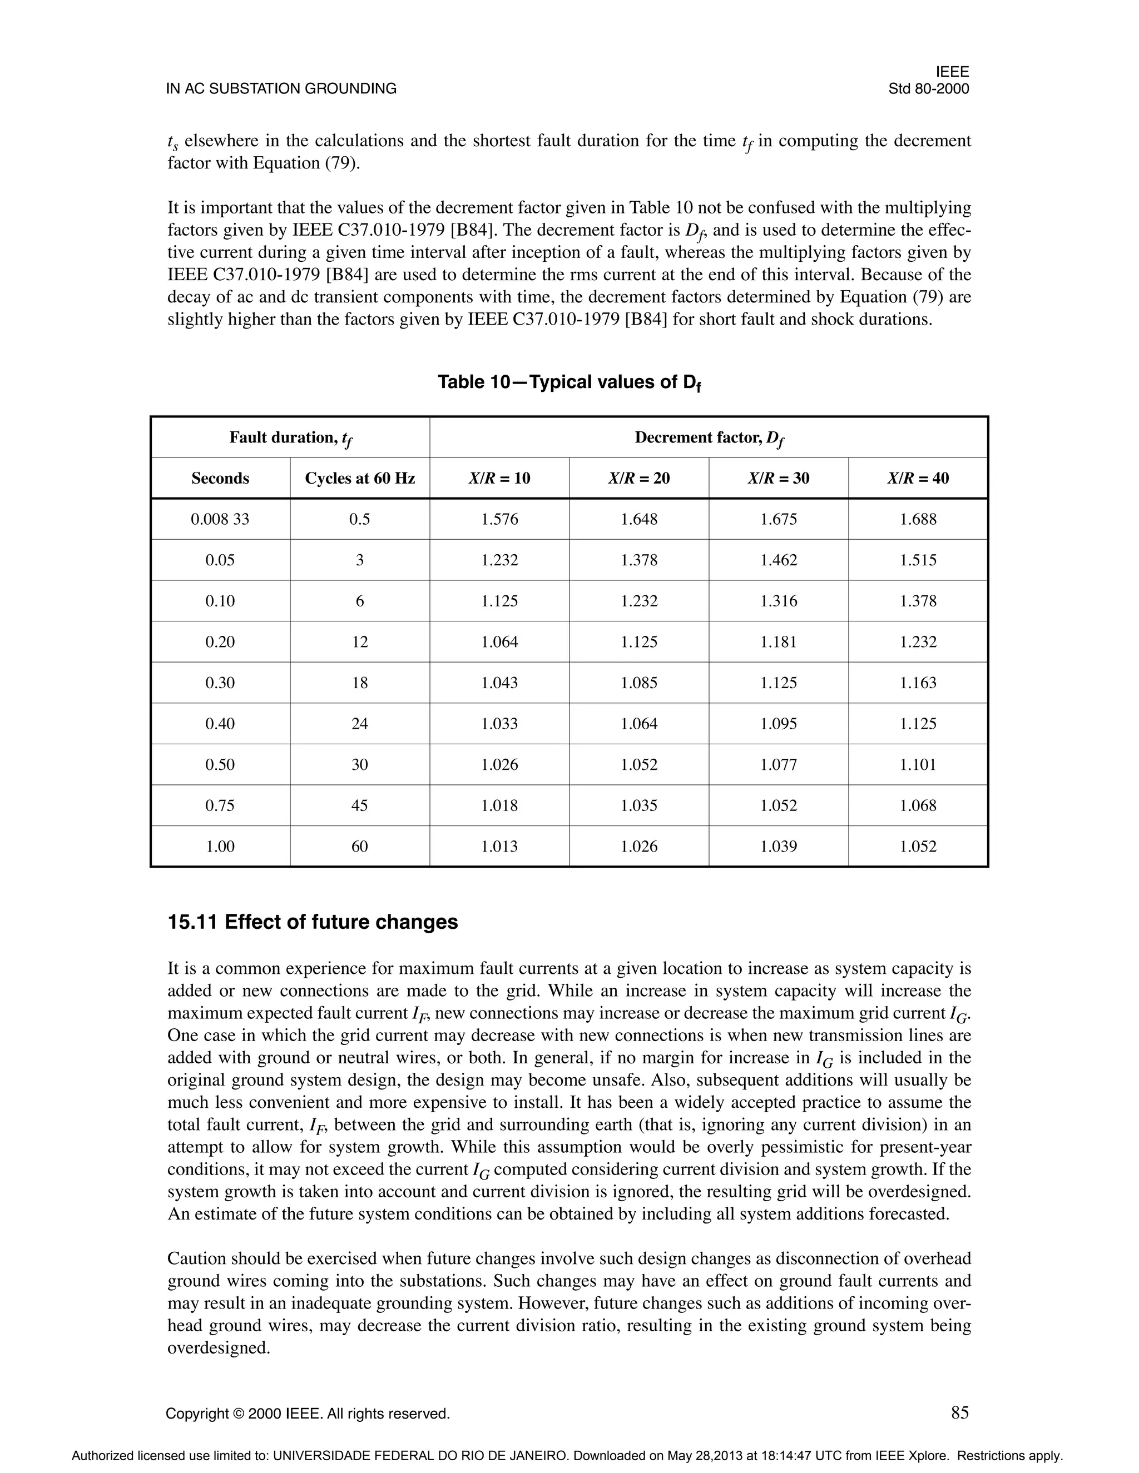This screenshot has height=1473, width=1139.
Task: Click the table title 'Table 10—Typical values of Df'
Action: pyautogui.click(x=569, y=382)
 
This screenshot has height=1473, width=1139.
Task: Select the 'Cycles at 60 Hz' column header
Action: pyautogui.click(x=360, y=478)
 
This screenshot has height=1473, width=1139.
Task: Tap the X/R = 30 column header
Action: pyautogui.click(x=778, y=478)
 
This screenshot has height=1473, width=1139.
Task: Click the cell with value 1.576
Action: pyautogui.click(x=499, y=519)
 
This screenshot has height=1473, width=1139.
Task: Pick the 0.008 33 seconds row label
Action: pyautogui.click(x=220, y=519)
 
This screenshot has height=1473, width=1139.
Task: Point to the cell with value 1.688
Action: pyautogui.click(x=918, y=519)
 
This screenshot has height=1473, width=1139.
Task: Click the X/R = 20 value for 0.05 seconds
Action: pyautogui.click(x=639, y=560)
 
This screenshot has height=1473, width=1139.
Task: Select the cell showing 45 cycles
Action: pyautogui.click(x=360, y=805)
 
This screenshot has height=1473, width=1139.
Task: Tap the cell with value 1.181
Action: pyautogui.click(x=778, y=642)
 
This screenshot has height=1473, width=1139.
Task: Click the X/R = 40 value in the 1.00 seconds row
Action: pyautogui.click(x=918, y=847)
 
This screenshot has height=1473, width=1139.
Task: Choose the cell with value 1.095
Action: pyautogui.click(x=778, y=724)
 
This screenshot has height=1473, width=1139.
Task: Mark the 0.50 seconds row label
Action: pyautogui.click(x=220, y=765)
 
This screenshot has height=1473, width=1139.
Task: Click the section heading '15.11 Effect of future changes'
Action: pyautogui.click(x=313, y=922)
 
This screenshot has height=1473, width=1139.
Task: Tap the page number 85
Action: pyautogui.click(x=959, y=1412)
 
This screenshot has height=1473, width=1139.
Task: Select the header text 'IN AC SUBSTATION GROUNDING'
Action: pyautogui.click(x=281, y=89)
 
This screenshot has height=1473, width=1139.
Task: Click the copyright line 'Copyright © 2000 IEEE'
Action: pyautogui.click(x=308, y=1414)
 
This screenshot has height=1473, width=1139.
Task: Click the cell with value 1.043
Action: pyautogui.click(x=499, y=683)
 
